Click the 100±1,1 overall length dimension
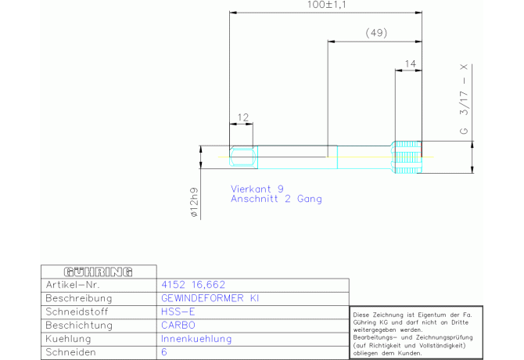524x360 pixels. coord(326,5)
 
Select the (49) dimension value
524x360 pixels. coord(376,33)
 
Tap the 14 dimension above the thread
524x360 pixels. coord(410,63)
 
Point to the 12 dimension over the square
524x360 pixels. coord(243,117)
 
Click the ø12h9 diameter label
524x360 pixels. coord(194,203)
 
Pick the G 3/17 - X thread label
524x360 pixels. coord(464,99)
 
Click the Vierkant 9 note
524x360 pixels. coord(257,189)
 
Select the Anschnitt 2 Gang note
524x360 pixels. coord(276,199)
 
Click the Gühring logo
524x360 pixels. coord(99,272)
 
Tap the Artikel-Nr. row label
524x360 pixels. coord(73,285)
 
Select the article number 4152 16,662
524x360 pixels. coord(193,285)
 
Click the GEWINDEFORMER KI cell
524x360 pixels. coord(210,298)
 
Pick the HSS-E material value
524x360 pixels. coord(178,311)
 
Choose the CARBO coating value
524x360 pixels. coord(178,326)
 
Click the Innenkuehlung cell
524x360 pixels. coord(196,339)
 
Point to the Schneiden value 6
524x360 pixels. coord(164,352)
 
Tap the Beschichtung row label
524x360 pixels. coord(79,326)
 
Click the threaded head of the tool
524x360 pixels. coord(407,157)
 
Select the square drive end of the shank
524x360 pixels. coord(243,157)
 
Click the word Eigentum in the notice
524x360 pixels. coord(432,315)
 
